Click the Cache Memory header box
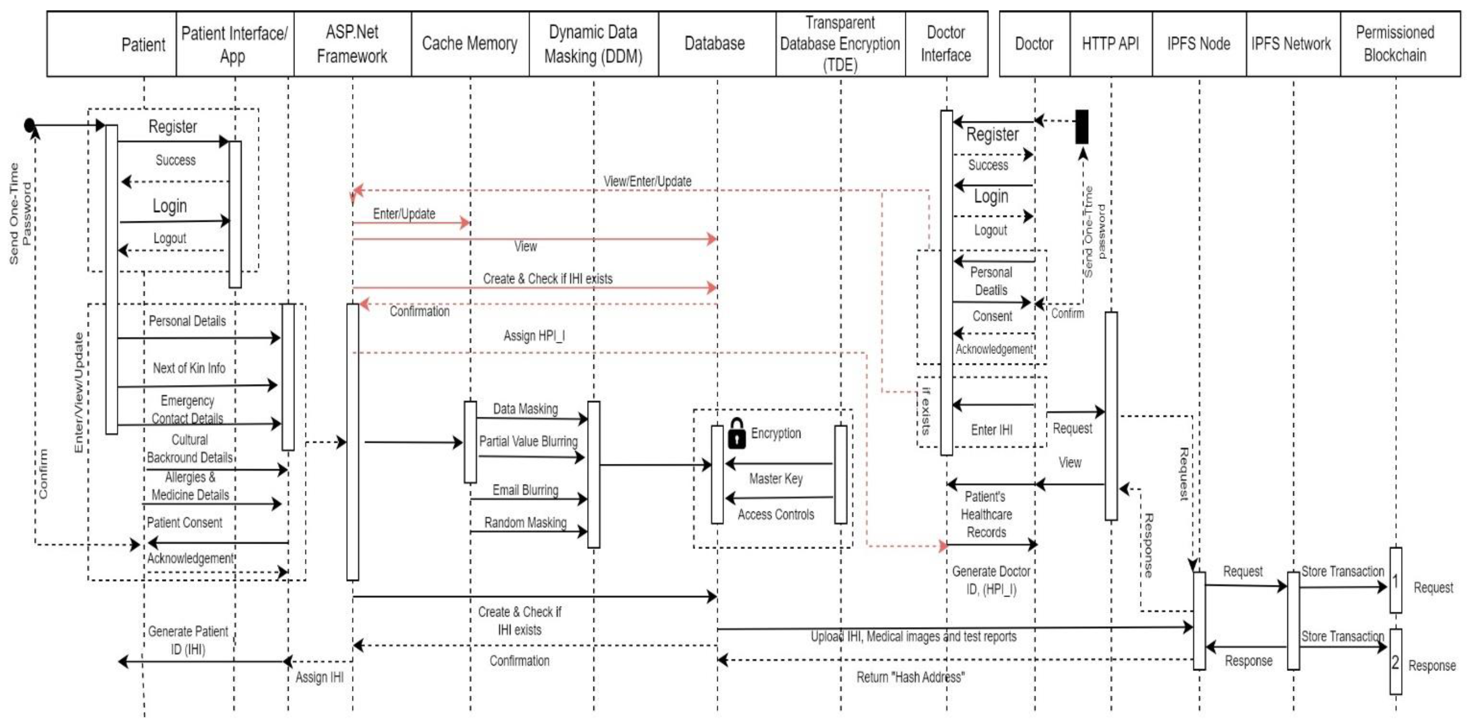(x=470, y=44)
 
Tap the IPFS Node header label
(x=1199, y=44)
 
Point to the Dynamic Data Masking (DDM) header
(x=593, y=44)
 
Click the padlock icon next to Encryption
(x=737, y=433)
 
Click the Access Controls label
(x=775, y=514)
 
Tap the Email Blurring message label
(x=525, y=490)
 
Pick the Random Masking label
(x=525, y=523)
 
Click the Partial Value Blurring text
(x=528, y=441)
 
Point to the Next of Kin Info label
(x=189, y=368)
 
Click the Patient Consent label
(x=185, y=523)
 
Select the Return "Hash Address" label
(x=910, y=677)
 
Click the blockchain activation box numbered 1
(x=1395, y=581)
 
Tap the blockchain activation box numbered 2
(x=1395, y=662)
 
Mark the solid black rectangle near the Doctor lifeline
(x=1081, y=127)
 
